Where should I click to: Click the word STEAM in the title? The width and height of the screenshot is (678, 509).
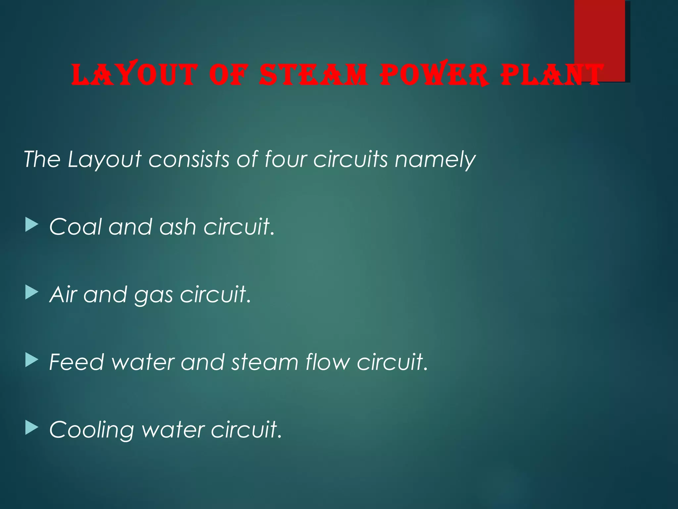[x=313, y=75]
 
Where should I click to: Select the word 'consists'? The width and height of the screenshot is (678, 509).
[x=189, y=159]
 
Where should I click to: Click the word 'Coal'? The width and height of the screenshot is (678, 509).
[x=75, y=227]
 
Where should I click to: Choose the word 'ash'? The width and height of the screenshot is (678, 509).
[x=178, y=227]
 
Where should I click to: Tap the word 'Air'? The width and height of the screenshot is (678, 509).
[x=63, y=295]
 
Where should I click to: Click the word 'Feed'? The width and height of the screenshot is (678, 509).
[x=76, y=362]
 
